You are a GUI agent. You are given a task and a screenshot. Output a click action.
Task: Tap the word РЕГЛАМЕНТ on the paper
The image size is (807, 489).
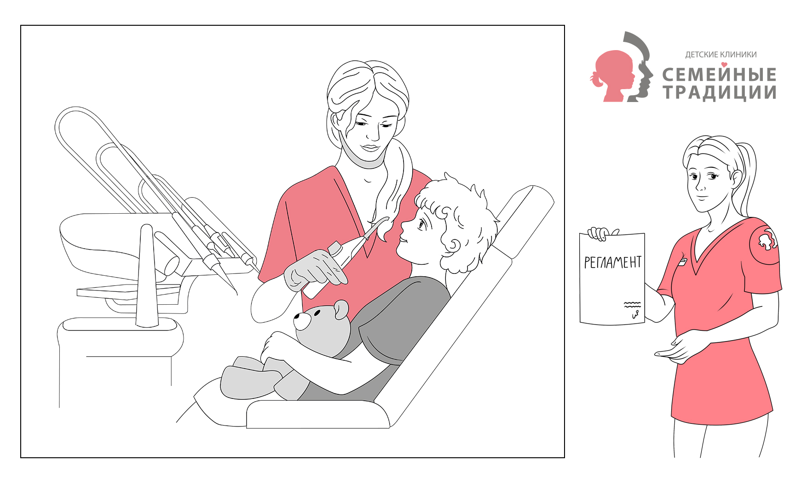click(612, 262)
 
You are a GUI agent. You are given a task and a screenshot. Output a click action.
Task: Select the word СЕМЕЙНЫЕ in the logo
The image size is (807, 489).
click(719, 74)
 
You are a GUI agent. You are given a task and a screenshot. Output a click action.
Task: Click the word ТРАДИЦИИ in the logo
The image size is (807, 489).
click(720, 92)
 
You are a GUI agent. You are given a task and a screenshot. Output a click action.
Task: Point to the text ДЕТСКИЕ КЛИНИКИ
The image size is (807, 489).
click(721, 55)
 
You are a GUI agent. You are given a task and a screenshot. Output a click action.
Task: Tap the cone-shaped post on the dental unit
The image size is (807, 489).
click(147, 276)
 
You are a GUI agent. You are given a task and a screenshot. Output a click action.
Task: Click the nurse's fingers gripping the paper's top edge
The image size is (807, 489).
click(600, 233)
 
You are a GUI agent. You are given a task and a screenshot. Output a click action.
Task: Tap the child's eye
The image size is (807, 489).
click(421, 224)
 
